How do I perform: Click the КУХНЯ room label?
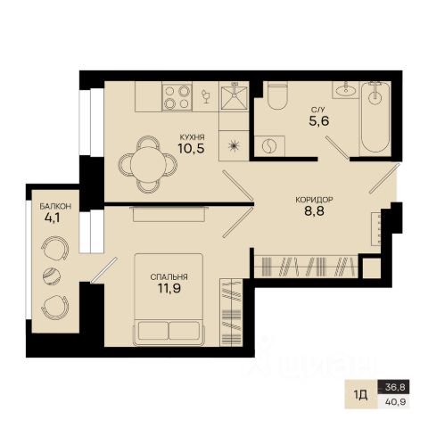tap(192, 137)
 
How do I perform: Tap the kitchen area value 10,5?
tap(192, 148)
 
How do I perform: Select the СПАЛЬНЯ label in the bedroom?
tap(169, 277)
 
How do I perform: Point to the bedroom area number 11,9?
tap(169, 288)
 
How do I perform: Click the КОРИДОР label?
tap(314, 200)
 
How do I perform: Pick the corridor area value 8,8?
tap(314, 210)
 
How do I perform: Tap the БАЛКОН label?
tap(55, 206)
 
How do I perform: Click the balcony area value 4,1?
tap(53, 218)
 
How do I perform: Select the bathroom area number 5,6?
tap(319, 121)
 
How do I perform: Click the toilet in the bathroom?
tap(277, 95)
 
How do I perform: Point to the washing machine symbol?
tap(270, 146)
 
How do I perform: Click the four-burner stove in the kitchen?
tap(177, 96)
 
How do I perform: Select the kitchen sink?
tap(234, 95)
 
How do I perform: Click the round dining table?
tap(148, 164)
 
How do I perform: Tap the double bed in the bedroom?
tap(169, 300)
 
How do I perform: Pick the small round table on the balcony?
tap(52, 276)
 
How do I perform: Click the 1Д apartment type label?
tap(361, 395)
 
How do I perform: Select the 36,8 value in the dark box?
tap(395, 387)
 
